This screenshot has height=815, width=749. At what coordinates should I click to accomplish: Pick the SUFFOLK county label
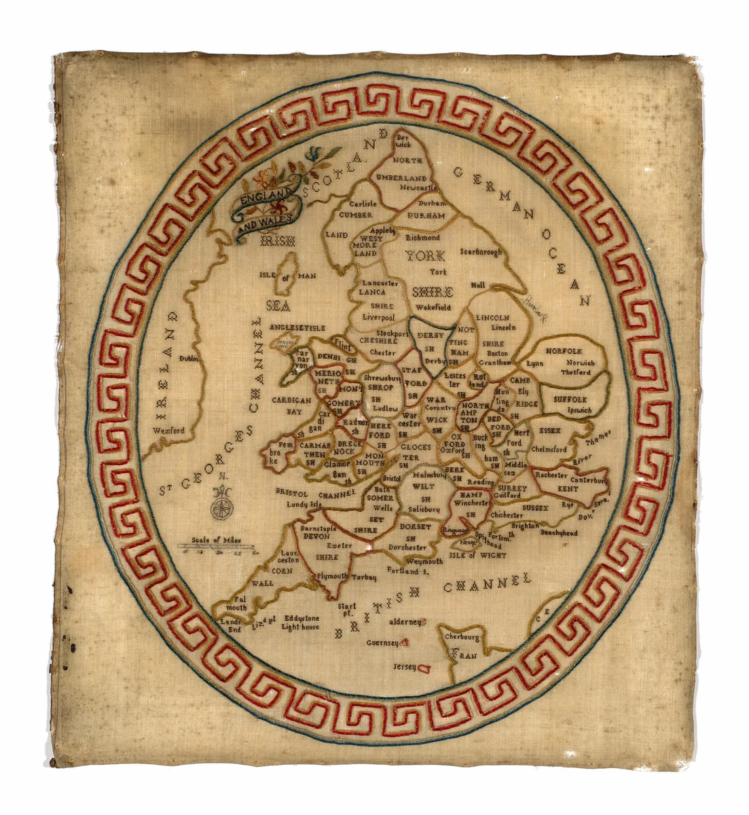coord(570,400)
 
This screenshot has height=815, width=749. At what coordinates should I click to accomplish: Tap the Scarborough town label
coord(480,252)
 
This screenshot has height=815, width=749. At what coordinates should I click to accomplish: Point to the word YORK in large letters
coord(425,256)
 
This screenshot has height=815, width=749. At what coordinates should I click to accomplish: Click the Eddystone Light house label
coord(301,623)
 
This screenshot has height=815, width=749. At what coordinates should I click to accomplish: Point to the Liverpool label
coord(378,317)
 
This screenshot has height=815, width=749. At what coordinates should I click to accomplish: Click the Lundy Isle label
coord(303,505)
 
